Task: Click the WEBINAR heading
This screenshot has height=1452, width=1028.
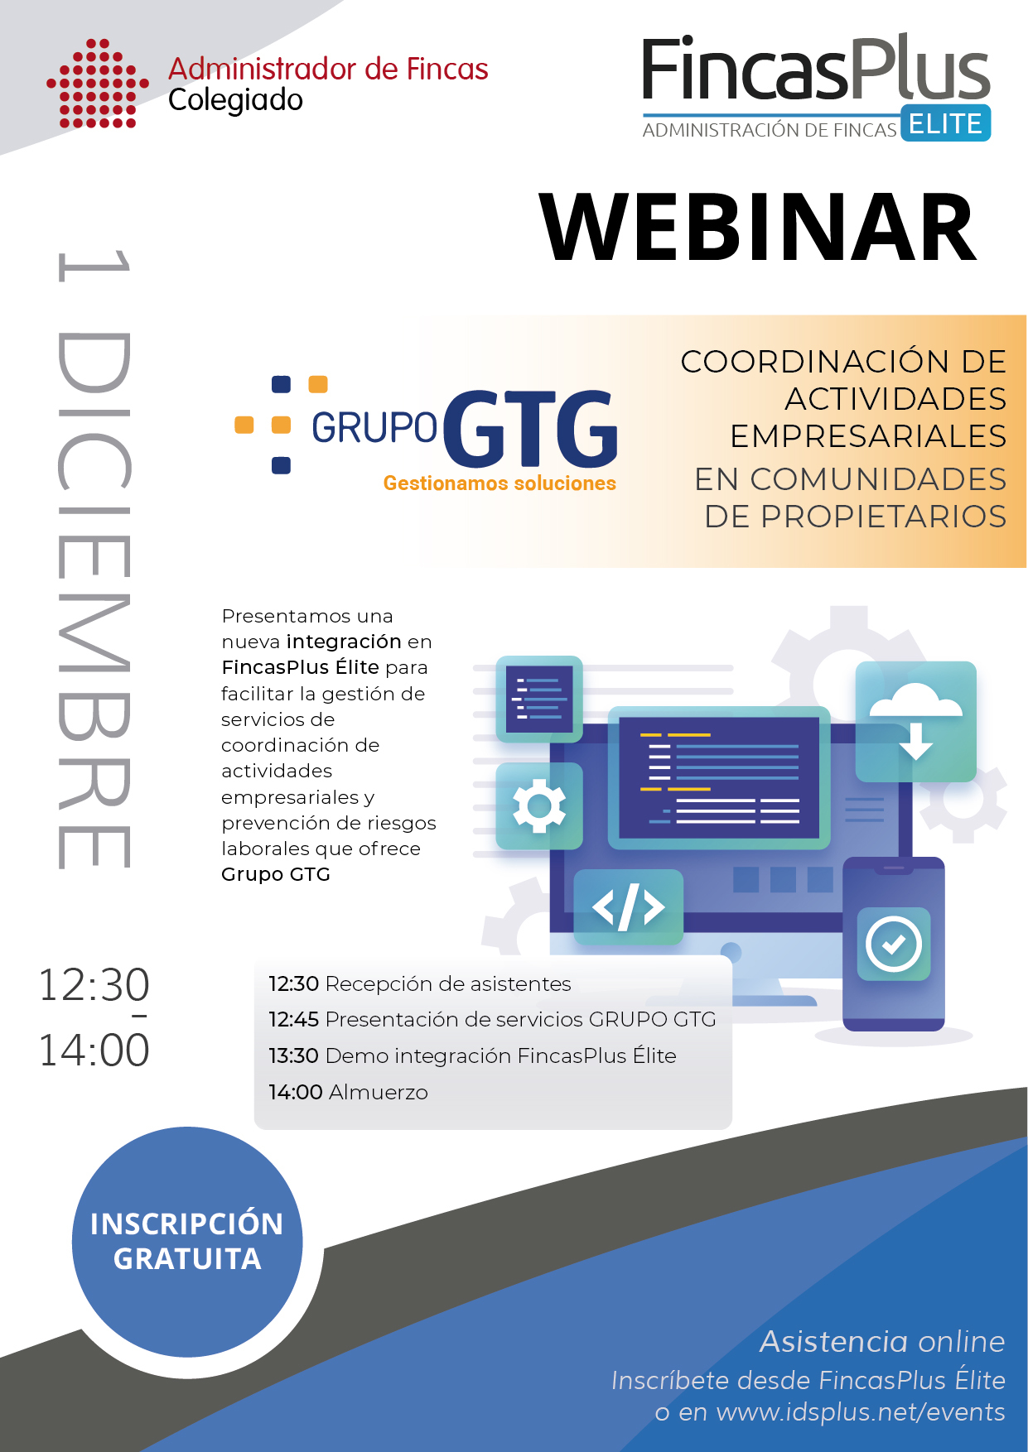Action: point(758,228)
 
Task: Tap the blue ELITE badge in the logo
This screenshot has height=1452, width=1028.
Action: point(945,123)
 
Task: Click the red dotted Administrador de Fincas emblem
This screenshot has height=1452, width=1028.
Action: point(98,84)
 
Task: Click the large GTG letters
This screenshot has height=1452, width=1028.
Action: point(531,428)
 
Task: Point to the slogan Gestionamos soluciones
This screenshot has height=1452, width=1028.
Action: point(500,483)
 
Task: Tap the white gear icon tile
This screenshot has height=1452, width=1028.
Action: point(539,805)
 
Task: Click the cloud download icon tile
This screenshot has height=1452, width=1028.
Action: point(916,722)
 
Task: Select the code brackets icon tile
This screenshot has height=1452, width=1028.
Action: point(629,907)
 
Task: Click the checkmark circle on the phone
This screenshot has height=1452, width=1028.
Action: point(894,944)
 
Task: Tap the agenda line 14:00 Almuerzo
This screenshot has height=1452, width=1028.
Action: point(348,1093)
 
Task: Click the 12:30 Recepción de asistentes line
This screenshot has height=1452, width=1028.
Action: point(420,984)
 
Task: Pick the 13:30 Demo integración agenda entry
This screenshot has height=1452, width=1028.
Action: point(472,1056)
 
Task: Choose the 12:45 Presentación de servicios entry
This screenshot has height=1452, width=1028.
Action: point(492,1020)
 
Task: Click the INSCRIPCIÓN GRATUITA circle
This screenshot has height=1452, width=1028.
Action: point(187,1242)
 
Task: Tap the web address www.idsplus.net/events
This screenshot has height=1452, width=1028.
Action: point(861,1412)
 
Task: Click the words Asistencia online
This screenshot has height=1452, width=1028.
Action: point(882,1342)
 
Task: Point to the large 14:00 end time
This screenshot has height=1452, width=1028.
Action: point(94,1051)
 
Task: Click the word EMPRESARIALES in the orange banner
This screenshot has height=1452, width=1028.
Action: point(868,436)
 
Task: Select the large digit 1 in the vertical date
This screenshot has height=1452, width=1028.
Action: point(94,266)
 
